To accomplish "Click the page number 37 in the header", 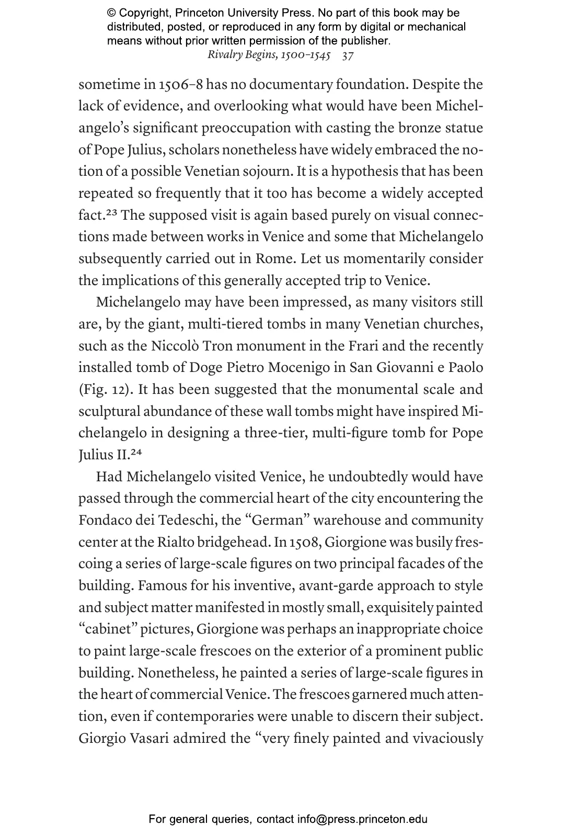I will [348, 55].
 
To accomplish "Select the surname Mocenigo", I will [298, 368].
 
